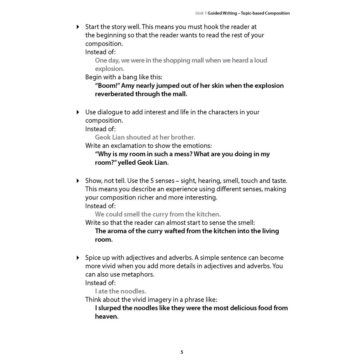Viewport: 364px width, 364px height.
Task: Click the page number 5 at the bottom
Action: (x=182, y=352)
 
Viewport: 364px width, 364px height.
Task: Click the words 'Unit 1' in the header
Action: (x=201, y=13)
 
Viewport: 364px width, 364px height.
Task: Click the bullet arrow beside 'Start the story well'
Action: (x=78, y=27)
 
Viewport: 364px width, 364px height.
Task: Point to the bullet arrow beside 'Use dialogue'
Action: (x=78, y=112)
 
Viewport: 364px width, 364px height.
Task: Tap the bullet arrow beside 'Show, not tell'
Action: (x=78, y=181)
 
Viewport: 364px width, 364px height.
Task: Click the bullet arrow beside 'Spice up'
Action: (x=78, y=258)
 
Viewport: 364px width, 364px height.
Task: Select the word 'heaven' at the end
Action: (x=106, y=317)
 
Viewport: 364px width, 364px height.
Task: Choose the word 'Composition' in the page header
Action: (x=275, y=13)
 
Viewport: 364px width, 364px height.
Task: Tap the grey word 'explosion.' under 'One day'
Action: (x=109, y=69)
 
